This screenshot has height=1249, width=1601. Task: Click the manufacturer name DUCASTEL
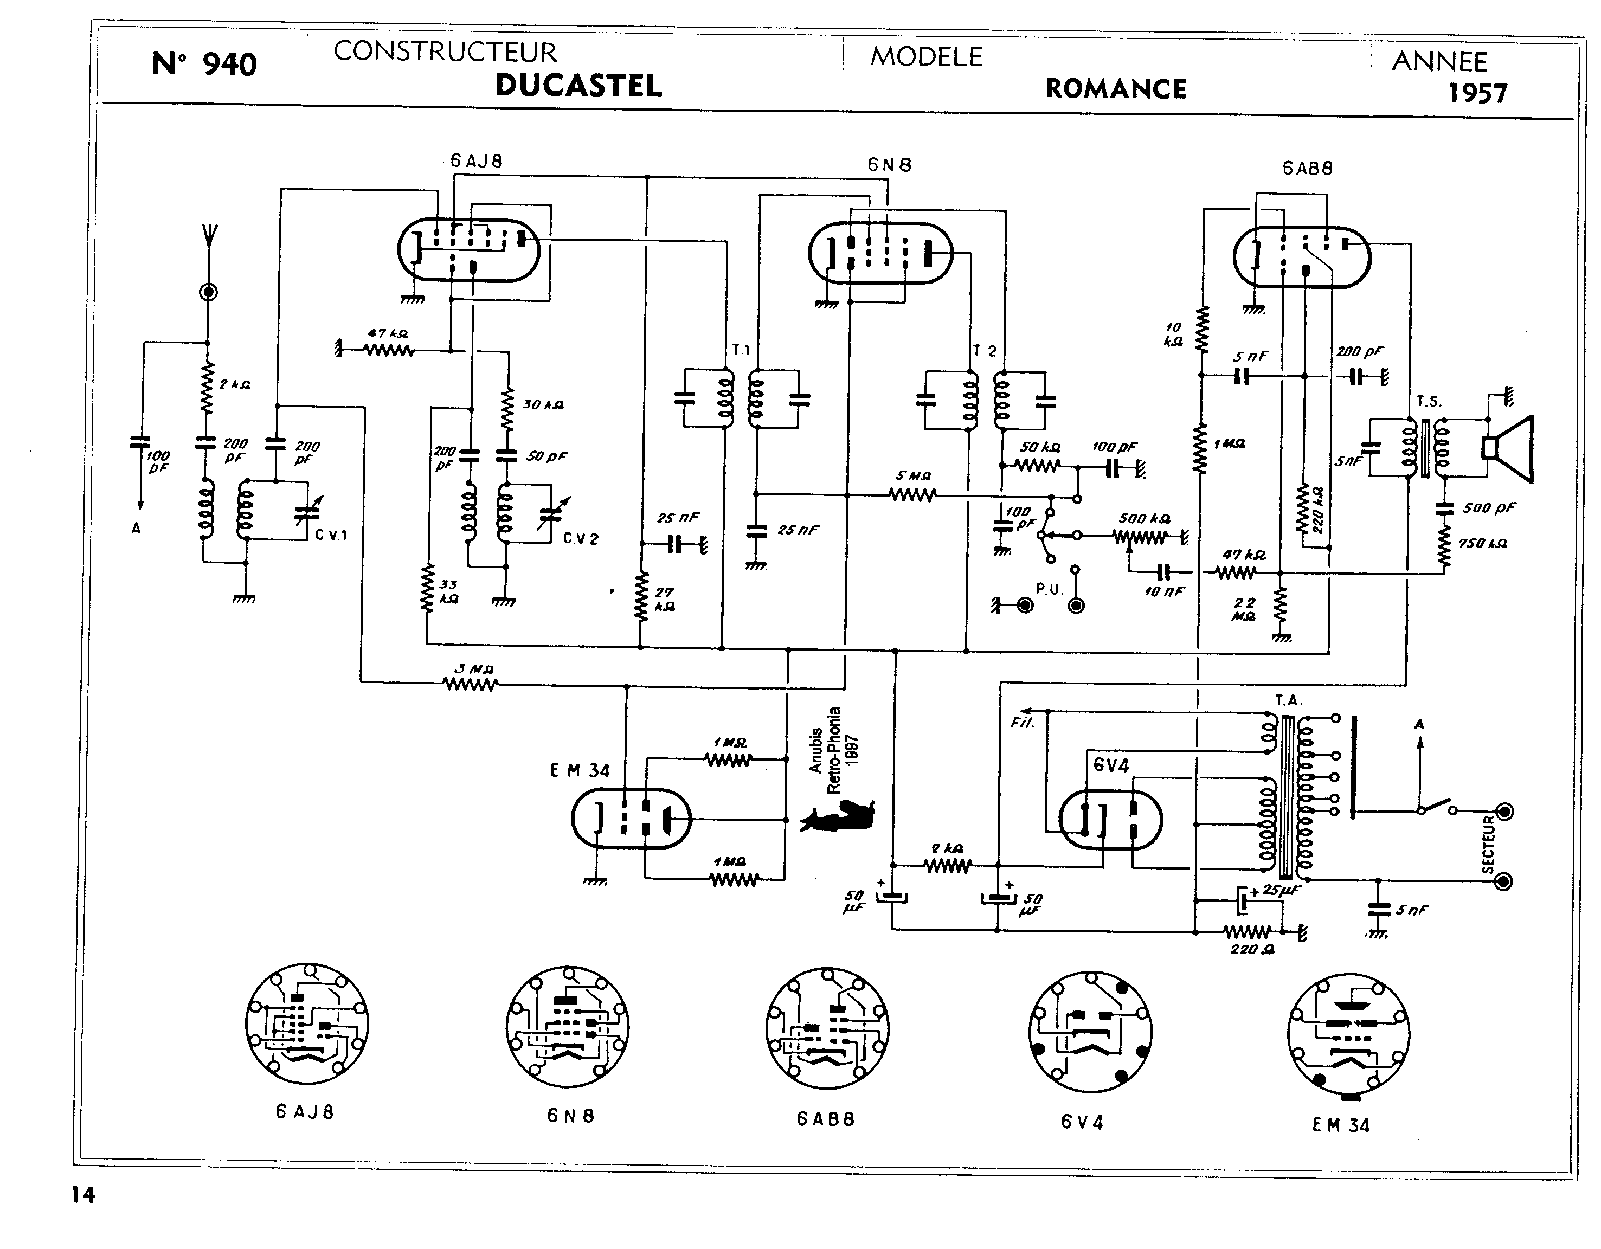coord(578,86)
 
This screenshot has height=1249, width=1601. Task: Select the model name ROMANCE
coord(1116,89)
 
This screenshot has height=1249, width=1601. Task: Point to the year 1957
coord(1477,94)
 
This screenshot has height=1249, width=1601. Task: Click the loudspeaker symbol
coord(1509,448)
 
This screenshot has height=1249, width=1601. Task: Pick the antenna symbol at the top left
coord(208,238)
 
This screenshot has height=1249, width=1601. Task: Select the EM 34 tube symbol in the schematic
coord(631,819)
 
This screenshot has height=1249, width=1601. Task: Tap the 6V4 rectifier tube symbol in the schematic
coord(1110,819)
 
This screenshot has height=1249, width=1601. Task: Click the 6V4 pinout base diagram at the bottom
coord(1089,1033)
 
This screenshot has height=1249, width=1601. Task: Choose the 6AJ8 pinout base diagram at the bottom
coord(306,1024)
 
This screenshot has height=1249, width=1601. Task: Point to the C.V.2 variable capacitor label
coord(581,539)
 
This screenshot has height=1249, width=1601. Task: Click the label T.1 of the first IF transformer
coord(741,350)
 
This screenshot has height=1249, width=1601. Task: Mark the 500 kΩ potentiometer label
coord(1143,519)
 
